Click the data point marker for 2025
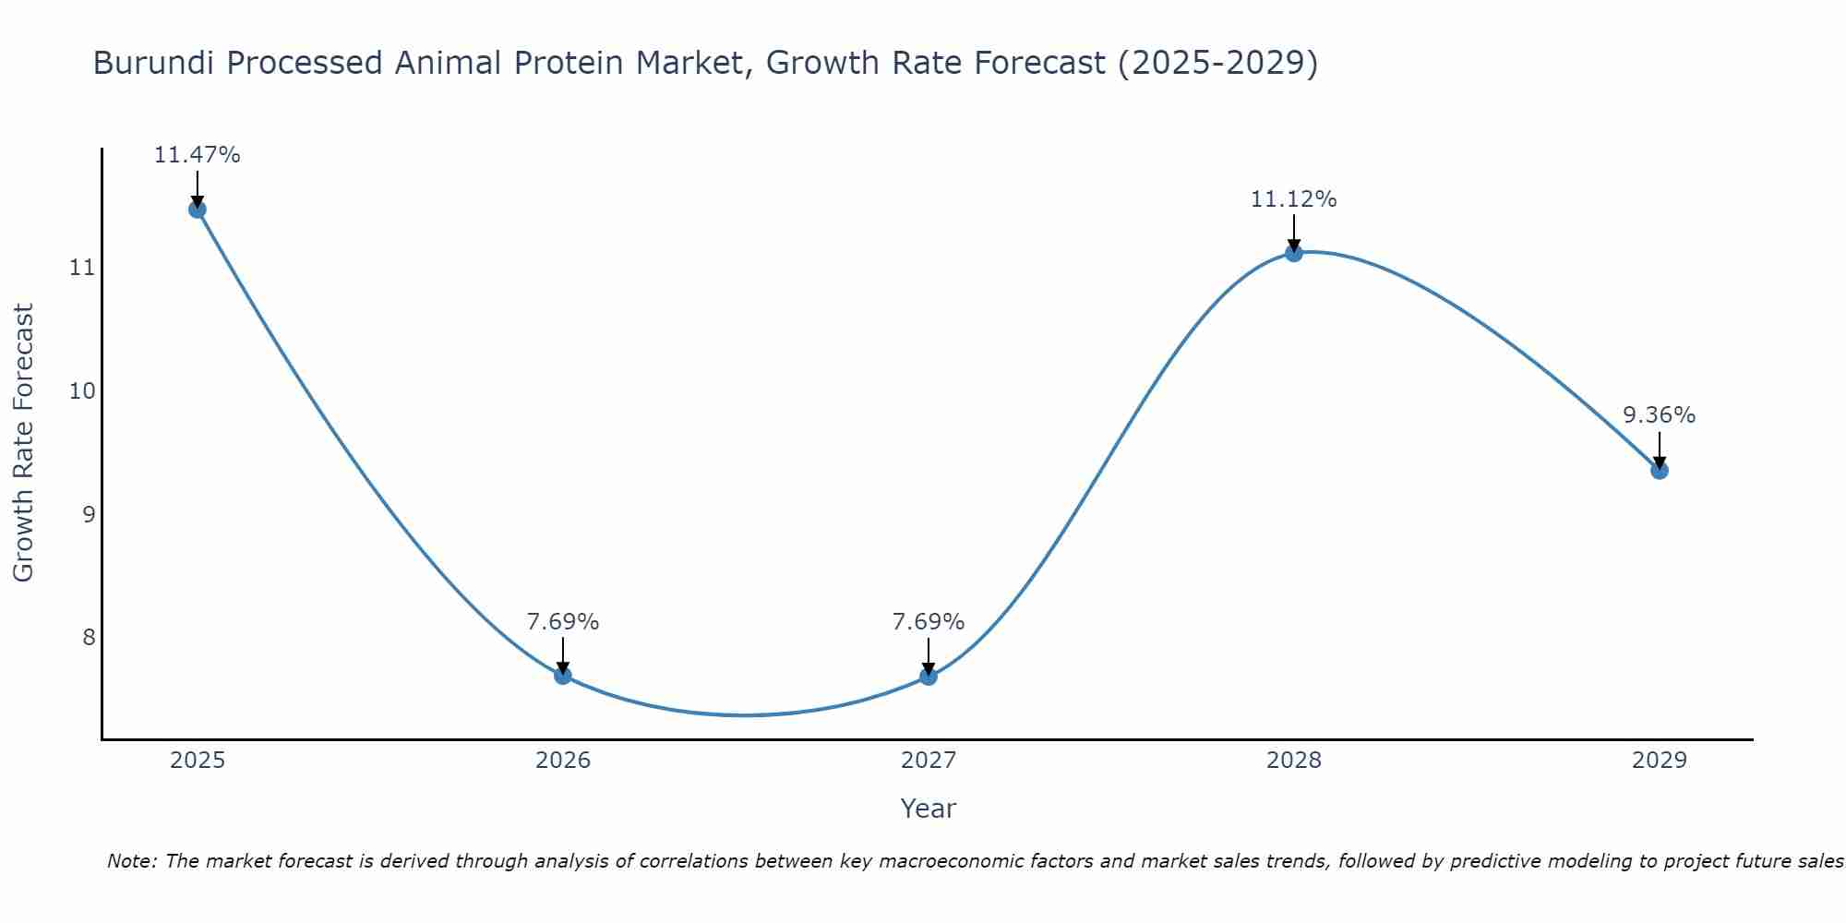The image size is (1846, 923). [198, 210]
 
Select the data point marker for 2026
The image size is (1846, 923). [563, 676]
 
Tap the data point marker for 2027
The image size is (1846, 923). [929, 677]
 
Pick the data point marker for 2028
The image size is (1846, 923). [1294, 253]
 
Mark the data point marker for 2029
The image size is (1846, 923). [1660, 471]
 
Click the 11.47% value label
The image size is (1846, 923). [198, 155]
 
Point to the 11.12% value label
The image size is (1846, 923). [1294, 199]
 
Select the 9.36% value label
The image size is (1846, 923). [1660, 415]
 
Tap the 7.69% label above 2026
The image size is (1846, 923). [563, 622]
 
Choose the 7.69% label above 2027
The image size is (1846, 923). [929, 622]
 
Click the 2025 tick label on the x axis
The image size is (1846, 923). [198, 761]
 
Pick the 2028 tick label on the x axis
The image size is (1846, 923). [1294, 761]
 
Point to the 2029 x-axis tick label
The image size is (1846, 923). [1660, 761]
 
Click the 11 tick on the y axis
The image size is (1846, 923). [83, 269]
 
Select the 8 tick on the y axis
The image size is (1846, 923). [89, 638]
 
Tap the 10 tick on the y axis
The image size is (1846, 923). [83, 391]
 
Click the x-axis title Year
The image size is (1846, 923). [929, 809]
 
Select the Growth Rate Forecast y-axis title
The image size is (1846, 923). [23, 443]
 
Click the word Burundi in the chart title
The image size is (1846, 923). [154, 64]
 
